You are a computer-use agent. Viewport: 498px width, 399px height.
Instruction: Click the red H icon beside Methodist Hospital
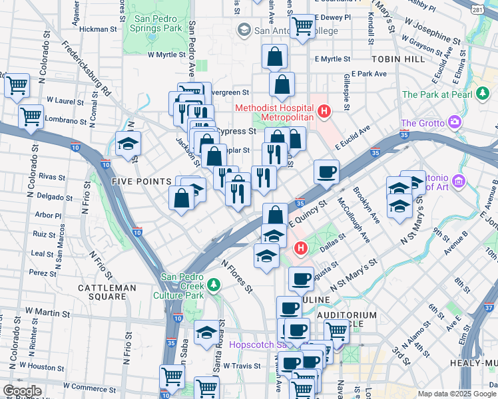(x=324, y=111)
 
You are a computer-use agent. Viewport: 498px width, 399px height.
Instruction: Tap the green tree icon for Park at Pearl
(x=483, y=94)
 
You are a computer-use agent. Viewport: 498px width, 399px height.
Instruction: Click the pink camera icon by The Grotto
(x=455, y=122)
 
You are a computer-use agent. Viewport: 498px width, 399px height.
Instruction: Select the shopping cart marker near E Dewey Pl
(x=302, y=26)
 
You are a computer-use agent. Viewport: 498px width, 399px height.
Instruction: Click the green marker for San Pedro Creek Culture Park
(x=213, y=285)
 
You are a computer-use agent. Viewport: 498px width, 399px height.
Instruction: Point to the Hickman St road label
(x=98, y=29)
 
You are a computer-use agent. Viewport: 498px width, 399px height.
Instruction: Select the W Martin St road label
(x=47, y=311)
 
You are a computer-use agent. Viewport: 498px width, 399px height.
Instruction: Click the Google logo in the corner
(x=22, y=391)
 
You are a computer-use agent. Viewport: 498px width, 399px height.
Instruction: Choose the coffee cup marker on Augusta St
(x=301, y=279)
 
